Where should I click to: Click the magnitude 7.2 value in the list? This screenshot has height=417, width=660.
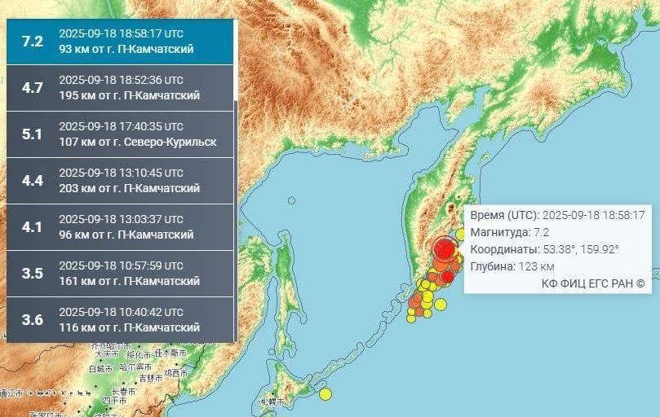(33, 42)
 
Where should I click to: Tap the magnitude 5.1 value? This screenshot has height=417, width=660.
(33, 134)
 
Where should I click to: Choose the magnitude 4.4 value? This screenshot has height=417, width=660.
(33, 181)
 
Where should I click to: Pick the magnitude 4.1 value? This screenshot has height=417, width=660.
(33, 227)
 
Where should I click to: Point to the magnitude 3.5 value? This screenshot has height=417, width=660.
(33, 274)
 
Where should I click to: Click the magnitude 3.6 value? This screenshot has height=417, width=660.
(33, 320)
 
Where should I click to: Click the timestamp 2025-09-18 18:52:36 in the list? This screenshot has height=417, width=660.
(121, 81)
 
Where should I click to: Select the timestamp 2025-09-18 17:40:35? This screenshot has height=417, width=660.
(121, 126)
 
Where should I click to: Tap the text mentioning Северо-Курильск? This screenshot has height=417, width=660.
(138, 142)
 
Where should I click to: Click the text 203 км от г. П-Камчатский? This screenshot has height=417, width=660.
(129, 188)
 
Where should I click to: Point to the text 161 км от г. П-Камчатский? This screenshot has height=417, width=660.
(129, 281)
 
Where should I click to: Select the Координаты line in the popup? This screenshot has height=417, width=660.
(544, 249)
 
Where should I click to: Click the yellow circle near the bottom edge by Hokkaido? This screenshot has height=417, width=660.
(326, 394)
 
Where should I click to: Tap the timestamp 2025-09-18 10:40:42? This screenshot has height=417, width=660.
(121, 312)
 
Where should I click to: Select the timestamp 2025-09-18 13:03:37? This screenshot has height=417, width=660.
(121, 219)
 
